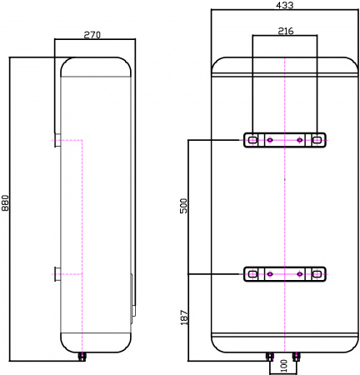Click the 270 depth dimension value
(92, 35)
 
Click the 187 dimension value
(184, 317)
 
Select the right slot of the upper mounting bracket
(317, 140)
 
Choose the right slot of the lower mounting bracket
(317, 273)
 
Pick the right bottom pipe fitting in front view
(297, 357)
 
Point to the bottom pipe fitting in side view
(82, 356)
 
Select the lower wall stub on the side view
(56, 273)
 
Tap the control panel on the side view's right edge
(131, 297)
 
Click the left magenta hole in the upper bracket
(270, 140)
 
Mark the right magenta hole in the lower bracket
(300, 273)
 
